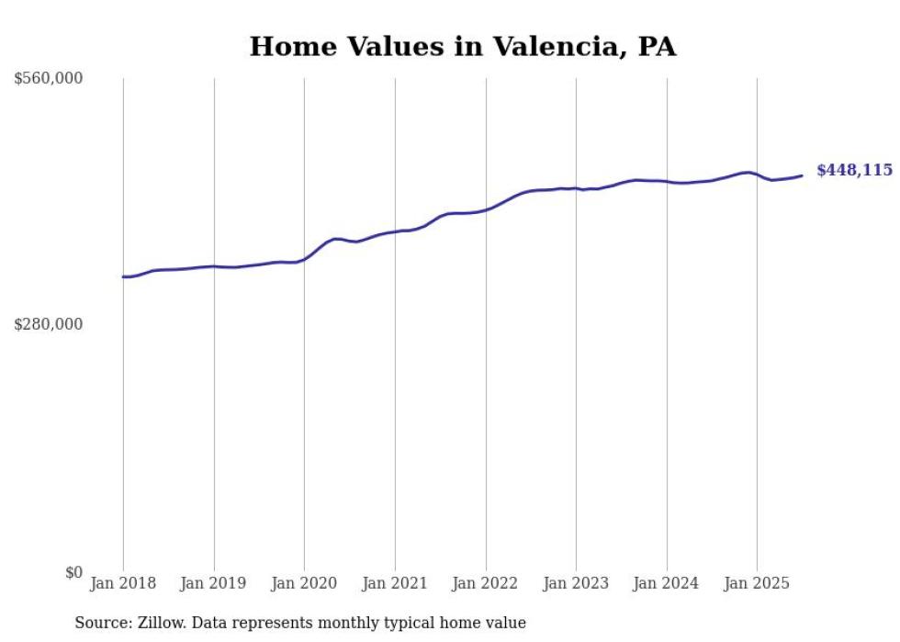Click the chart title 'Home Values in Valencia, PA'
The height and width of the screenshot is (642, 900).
coord(463,47)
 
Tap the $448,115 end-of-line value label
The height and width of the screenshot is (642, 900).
coord(854,170)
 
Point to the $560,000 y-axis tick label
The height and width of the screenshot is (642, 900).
coord(49,79)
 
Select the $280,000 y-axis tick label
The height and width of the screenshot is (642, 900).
coord(49,324)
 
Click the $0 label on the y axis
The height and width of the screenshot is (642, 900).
coord(73,572)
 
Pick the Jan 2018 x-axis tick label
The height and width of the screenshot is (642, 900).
coord(123,583)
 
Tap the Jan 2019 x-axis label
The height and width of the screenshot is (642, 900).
coord(214,583)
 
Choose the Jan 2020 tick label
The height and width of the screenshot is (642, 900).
coord(304,583)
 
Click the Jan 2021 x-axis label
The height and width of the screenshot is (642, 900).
coord(395,583)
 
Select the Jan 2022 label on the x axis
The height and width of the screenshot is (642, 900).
coord(486,583)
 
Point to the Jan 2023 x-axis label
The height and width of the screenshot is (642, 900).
coord(576,583)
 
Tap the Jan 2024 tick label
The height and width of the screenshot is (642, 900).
coord(667,583)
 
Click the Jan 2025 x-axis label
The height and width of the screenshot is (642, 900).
coord(757,583)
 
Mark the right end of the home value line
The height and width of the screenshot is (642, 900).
coord(802,175)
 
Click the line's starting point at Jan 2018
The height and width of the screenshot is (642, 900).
coord(123,276)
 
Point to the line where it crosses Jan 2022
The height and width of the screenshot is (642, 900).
coord(486,209)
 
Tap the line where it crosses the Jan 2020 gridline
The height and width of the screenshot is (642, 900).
coord(304,259)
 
